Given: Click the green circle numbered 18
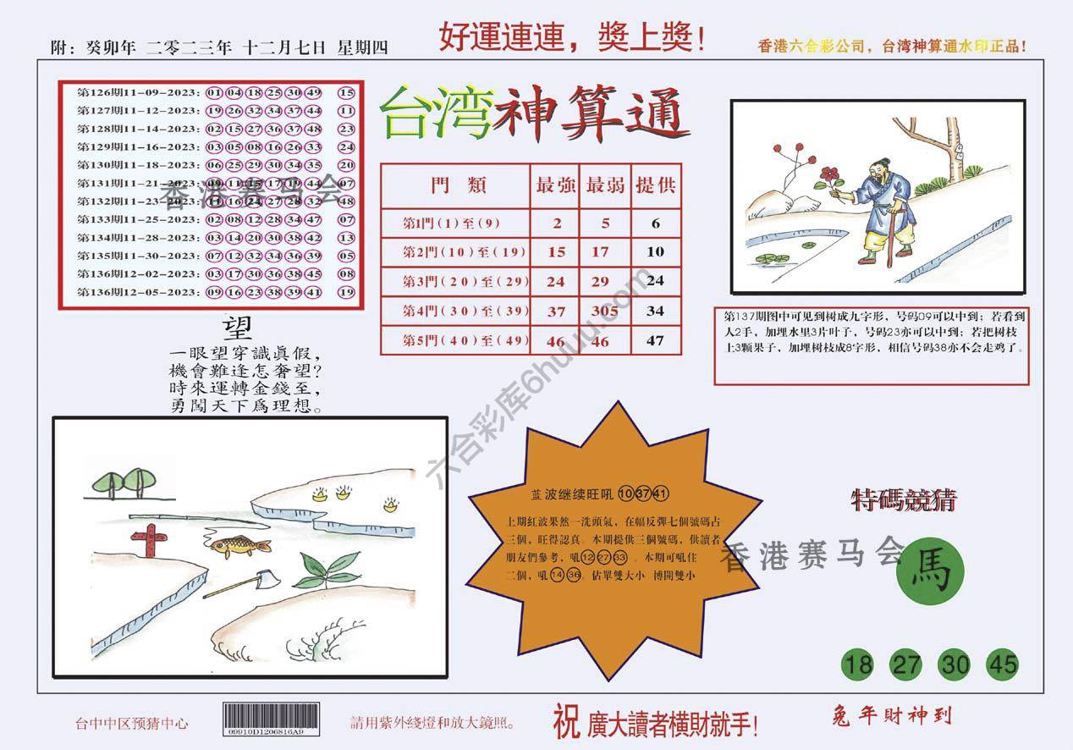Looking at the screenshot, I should (858, 665).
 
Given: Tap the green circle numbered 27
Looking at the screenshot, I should (906, 665).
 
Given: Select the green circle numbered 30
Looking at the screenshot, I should (955, 665).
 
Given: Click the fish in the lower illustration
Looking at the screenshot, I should (239, 547).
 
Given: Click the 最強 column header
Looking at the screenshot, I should (556, 185).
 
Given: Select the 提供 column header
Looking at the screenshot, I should (656, 185).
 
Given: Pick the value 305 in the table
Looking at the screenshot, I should (605, 311).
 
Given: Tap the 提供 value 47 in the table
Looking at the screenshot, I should (655, 340).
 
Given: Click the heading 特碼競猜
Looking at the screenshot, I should (903, 501).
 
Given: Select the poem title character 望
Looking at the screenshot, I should (237, 328).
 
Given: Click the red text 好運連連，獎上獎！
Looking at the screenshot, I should (572, 37).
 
